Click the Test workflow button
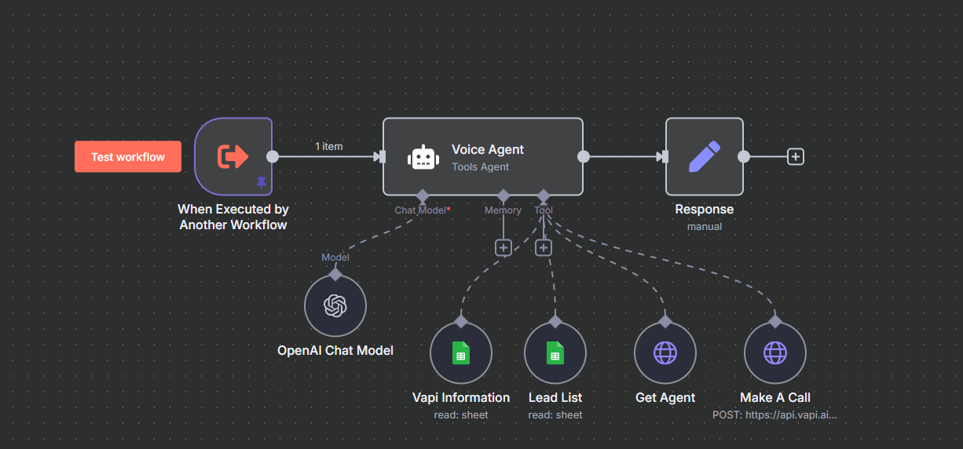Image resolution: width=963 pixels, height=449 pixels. (127, 157)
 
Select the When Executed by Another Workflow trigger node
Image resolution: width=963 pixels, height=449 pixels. (233, 156)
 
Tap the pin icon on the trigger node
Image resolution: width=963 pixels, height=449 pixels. (262, 182)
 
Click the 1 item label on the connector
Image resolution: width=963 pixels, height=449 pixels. (328, 146)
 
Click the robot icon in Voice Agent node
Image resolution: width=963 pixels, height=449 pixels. (423, 157)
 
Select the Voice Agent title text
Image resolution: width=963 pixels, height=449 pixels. (487, 149)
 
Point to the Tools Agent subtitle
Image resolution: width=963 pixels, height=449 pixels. (480, 166)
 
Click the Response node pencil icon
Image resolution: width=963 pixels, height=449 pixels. (704, 156)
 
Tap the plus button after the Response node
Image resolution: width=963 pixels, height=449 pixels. (796, 156)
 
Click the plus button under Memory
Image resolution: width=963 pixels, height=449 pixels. (503, 247)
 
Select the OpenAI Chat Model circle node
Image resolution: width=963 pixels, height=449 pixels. (335, 305)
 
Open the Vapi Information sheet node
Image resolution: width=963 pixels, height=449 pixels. (461, 353)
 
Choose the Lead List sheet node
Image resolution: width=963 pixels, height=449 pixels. (555, 353)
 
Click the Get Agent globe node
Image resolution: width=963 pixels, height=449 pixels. (665, 353)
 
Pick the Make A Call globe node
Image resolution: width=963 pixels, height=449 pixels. (775, 353)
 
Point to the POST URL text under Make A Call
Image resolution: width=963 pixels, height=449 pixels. (774, 414)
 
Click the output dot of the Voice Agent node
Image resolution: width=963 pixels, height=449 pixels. (584, 156)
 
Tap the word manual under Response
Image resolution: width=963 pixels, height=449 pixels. (704, 226)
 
